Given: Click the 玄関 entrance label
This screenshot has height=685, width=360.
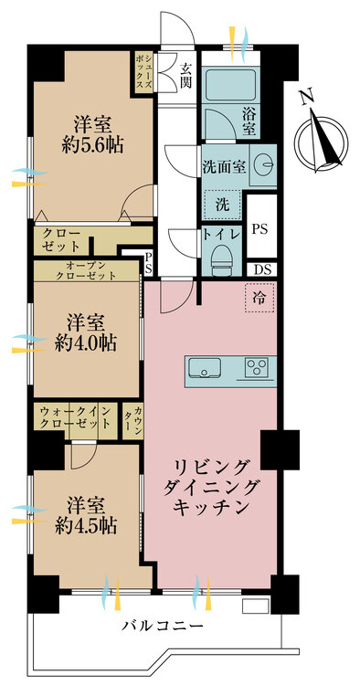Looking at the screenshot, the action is point(187,76).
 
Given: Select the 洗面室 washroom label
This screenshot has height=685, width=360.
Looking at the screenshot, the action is point(223,166).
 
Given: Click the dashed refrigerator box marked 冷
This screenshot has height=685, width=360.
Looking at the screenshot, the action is point(259,298).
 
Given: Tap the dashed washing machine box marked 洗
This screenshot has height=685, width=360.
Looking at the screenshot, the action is point(222,205).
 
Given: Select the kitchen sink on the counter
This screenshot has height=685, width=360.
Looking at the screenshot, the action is point(204,367).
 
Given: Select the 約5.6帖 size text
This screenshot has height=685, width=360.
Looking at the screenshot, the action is point(92,145).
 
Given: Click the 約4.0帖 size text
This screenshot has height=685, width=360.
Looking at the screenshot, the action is point(86,343).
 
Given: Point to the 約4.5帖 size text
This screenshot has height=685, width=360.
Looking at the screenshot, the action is point(86,526).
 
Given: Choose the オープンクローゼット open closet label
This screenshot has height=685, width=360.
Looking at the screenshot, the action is point(86,270).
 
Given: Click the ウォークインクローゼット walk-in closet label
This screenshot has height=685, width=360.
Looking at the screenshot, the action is point(75,417).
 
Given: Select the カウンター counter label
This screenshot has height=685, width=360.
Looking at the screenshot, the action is point(132,420).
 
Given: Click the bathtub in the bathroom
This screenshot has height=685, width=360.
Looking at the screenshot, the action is point(230,83).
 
